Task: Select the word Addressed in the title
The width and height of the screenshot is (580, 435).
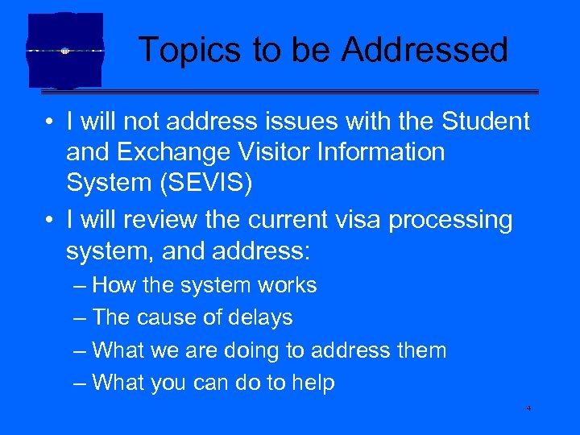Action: coord(425,50)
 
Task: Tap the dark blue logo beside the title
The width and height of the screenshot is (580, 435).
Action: coord(65,50)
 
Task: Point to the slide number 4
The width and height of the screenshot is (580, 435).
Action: coord(528,409)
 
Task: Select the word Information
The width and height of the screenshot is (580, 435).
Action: coord(383,152)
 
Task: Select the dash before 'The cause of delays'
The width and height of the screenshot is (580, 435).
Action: coord(78,318)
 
